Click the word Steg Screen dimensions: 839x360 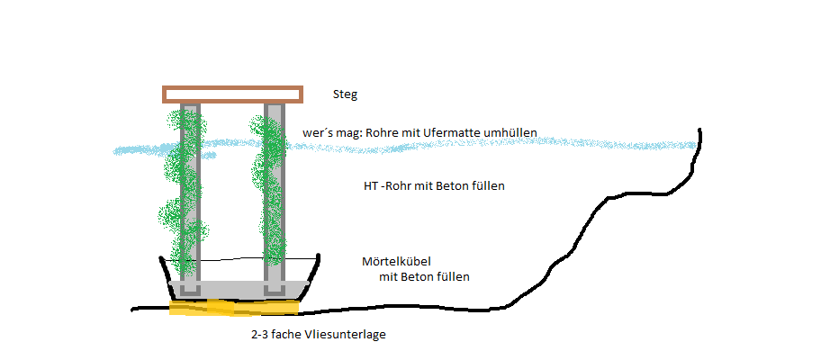[345, 95]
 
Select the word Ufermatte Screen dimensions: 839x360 [448, 132]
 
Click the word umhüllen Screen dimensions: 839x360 [507, 132]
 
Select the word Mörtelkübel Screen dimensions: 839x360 [396, 262]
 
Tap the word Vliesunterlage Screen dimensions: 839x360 [345, 335]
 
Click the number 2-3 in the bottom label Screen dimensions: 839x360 [260, 335]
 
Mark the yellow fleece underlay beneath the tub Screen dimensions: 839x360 [233, 308]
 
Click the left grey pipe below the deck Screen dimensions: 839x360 [189, 198]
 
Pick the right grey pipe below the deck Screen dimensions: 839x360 [274, 198]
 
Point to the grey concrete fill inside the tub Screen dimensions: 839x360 [239, 290]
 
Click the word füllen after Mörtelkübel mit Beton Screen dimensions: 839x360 [451, 277]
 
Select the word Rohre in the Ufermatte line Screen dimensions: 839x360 [381, 132]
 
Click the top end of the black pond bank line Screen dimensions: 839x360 [699, 130]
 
